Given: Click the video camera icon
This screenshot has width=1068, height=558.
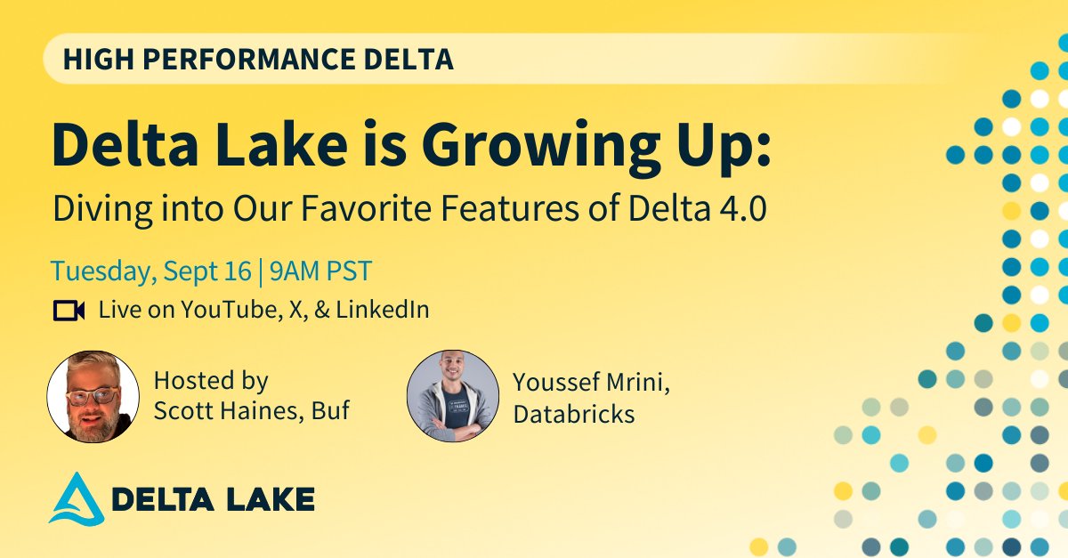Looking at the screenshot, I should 69,310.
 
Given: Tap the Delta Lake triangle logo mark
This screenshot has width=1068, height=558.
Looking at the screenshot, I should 73,498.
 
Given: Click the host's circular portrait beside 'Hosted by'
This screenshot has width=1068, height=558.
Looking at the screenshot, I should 93,396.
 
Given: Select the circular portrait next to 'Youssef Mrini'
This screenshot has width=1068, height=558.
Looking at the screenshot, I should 452,396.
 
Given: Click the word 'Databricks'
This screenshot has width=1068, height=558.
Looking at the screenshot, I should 573,414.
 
